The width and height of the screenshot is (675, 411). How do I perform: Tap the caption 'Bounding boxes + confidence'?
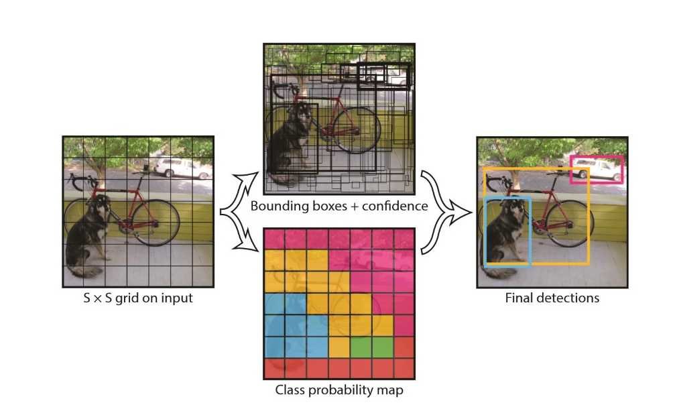tap(339, 206)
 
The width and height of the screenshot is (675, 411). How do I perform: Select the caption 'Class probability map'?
tap(339, 390)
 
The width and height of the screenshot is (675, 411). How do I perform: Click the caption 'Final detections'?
tap(552, 297)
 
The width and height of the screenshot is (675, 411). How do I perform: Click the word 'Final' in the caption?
tap(519, 297)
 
